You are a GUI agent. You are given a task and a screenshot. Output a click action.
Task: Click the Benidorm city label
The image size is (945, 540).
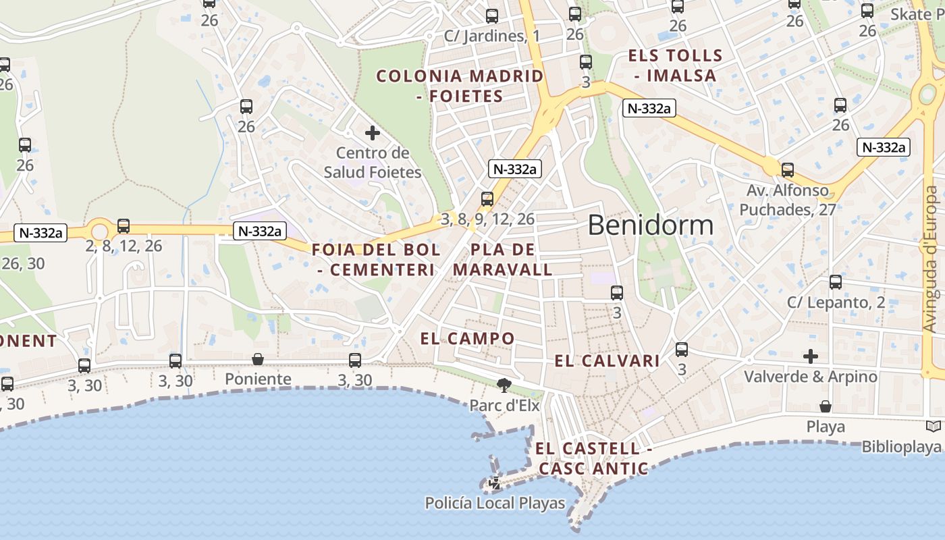click(x=650, y=225)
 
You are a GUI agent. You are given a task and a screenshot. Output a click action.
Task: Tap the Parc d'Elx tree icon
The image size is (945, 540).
click(x=503, y=385)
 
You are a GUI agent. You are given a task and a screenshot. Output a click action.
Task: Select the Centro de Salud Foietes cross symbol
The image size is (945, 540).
click(x=372, y=133)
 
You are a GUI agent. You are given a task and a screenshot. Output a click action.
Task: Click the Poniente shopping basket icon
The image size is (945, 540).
click(x=257, y=359)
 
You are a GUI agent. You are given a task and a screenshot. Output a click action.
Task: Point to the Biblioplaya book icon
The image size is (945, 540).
click(x=934, y=427)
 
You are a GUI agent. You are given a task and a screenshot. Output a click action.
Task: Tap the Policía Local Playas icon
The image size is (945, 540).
click(x=495, y=483)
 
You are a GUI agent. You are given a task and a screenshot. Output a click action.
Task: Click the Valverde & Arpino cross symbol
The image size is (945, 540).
click(x=811, y=356)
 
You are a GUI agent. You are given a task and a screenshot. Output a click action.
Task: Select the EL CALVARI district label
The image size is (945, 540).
click(x=607, y=361)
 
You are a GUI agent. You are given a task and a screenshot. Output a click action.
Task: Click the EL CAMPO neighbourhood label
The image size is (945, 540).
click(x=467, y=338)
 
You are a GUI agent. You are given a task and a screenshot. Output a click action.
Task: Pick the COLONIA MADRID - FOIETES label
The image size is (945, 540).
click(x=460, y=86)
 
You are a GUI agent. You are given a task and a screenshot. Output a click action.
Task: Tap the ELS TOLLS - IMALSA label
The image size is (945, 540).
click(x=675, y=65)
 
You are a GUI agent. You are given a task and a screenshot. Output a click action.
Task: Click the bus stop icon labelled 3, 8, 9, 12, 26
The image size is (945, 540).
click(x=487, y=198)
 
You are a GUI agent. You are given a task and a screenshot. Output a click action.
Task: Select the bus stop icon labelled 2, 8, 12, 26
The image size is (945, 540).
click(x=124, y=226)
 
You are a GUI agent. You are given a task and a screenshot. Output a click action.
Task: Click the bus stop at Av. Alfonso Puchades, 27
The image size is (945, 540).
click(x=787, y=170)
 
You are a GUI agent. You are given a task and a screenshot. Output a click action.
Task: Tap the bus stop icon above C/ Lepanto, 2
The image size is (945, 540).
click(x=836, y=282)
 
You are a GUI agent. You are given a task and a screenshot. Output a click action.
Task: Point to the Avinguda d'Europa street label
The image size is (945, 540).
click(x=932, y=259)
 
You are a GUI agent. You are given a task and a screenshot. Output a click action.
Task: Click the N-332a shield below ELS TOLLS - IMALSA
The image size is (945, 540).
click(x=649, y=108)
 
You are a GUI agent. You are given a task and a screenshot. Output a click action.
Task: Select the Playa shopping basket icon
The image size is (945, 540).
click(x=825, y=406)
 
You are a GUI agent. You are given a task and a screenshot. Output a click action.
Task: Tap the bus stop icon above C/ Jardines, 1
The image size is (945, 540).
click(x=492, y=16)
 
